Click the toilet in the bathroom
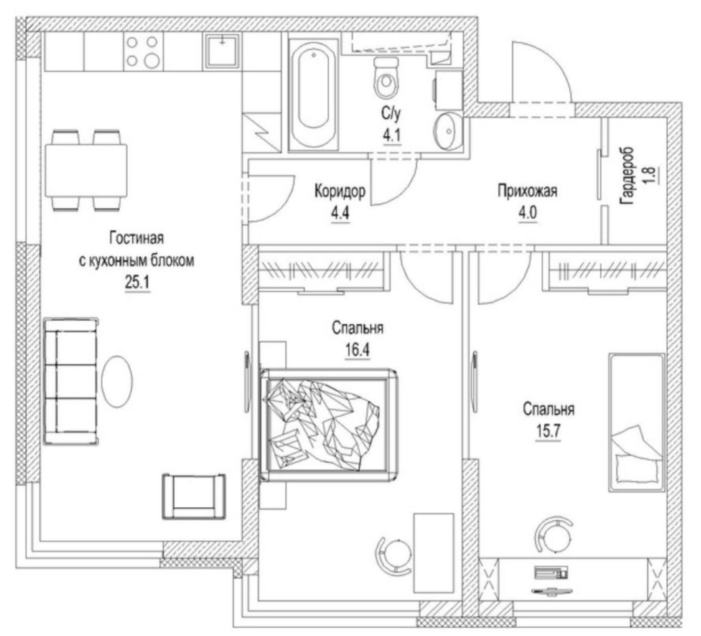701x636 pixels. [386, 78]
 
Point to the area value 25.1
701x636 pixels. [137, 282]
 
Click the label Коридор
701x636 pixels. [340, 191]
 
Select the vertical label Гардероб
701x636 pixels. [627, 176]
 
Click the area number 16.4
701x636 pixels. [357, 350]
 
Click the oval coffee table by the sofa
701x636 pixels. [117, 382]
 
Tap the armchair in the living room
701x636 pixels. [194, 496]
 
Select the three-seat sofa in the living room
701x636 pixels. [70, 381]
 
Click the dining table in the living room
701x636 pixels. [86, 171]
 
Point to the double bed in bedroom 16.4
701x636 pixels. [328, 425]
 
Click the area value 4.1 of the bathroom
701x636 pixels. [391, 135]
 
